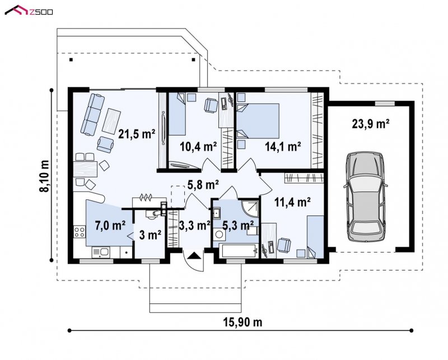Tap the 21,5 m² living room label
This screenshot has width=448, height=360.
(137, 134)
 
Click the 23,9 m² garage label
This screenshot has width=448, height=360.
(371, 124)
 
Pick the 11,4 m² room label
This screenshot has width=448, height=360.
(292, 202)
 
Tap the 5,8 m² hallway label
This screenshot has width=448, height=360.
(203, 185)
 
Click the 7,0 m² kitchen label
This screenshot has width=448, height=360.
(110, 225)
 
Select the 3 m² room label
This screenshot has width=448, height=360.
(150, 235)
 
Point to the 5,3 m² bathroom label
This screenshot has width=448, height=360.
(237, 225)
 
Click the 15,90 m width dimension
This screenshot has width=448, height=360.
(242, 322)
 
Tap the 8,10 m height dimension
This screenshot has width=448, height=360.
(45, 176)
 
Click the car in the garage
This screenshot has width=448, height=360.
(366, 197)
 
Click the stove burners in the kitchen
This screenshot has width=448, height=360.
(79, 232)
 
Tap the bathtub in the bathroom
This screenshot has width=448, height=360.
(240, 251)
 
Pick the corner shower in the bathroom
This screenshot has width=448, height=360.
(250, 209)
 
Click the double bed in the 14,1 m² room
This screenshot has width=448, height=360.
(258, 121)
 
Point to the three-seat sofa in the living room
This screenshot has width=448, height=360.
(92, 115)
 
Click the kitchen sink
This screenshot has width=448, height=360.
(101, 253)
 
